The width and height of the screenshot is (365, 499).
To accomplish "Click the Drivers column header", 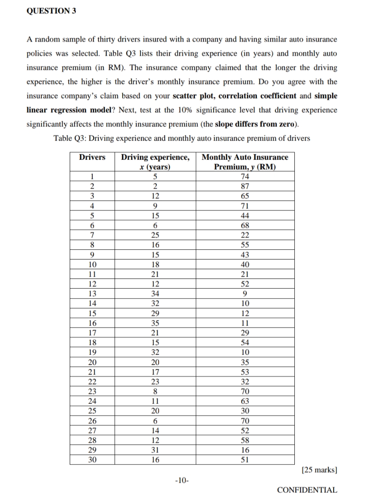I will point(92,158).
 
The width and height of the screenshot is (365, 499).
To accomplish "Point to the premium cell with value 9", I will point(245,293).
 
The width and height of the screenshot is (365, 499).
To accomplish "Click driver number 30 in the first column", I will point(92,459).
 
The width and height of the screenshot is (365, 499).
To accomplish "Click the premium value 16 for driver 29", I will point(245,449).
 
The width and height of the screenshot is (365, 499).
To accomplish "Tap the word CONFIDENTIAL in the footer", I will point(307,490).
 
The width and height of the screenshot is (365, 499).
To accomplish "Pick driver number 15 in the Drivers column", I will point(92,313).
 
